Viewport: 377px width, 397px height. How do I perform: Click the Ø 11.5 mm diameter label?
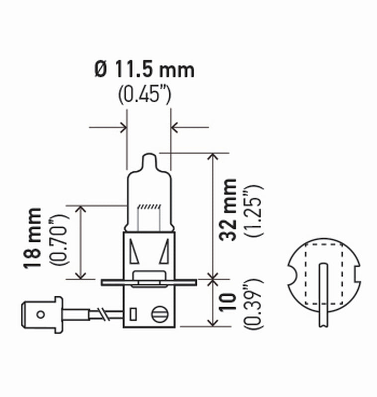tap(144, 69)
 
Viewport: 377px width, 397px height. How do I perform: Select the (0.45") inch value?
tap(145, 94)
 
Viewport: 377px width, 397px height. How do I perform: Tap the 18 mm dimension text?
tap(33, 239)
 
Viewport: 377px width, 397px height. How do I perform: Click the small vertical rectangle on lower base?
tap(133, 314)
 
